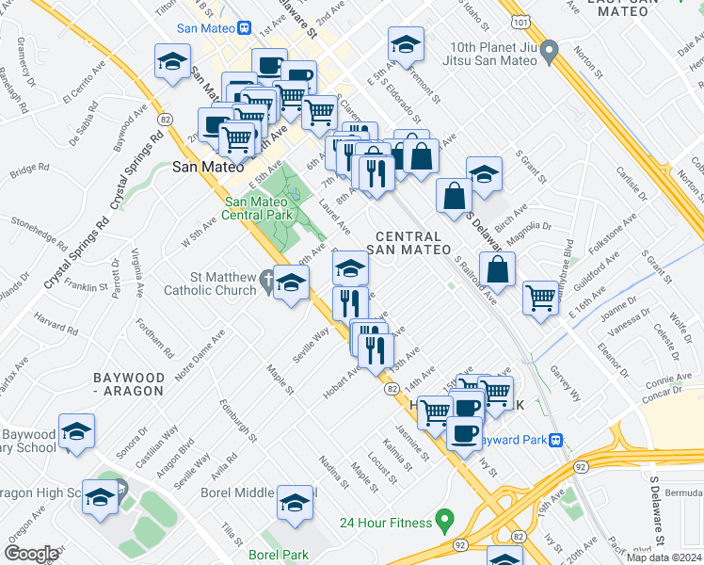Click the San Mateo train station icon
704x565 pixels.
click(243, 28)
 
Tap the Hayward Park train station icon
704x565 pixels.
click(556, 439)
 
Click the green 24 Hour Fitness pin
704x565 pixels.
click(446, 521)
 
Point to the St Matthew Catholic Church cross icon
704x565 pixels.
click(268, 280)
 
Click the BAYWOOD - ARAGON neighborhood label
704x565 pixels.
click(130, 383)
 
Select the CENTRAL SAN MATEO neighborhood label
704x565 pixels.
click(408, 243)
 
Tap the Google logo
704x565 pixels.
click(31, 554)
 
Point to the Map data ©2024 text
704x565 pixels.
click(663, 557)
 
